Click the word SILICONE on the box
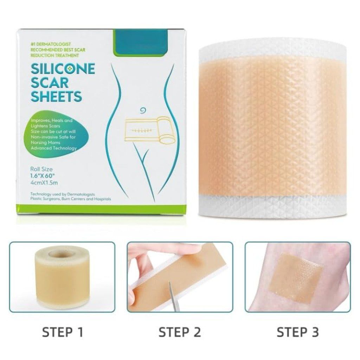coord(63,69)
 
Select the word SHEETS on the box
coord(57,96)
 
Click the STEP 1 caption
coord(63,332)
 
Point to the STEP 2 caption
coord(180,332)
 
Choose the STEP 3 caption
coord(298,332)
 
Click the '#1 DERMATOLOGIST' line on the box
coord(51,44)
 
